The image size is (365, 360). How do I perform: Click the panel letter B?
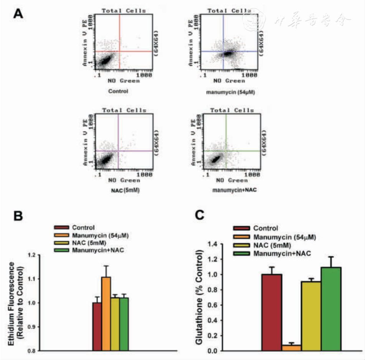click(18, 217)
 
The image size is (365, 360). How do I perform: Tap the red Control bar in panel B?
click(97, 326)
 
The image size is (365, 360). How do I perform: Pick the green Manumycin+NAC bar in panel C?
click(331, 309)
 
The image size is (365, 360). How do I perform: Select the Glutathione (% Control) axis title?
click(199, 297)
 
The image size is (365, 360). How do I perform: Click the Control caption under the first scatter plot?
click(118, 91)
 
